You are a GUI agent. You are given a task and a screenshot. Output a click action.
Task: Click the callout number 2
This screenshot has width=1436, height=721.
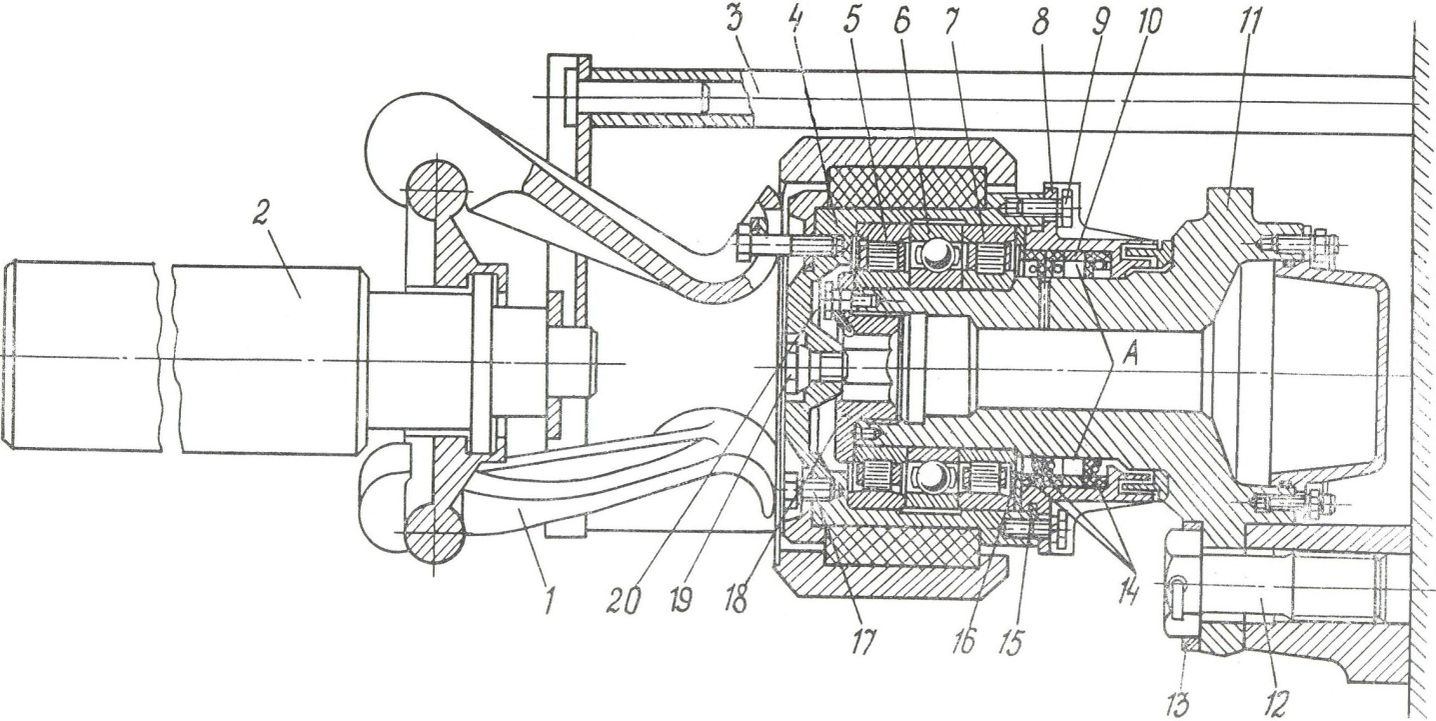click(261, 218)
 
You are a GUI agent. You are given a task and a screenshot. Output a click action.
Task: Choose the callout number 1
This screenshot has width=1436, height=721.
click(550, 600)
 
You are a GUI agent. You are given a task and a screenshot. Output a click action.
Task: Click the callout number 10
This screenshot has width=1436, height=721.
click(1147, 24)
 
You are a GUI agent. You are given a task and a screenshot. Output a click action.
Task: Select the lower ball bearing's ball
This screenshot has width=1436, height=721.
click(930, 479)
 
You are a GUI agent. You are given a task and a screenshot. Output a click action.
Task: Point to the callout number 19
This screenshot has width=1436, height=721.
click(681, 600)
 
